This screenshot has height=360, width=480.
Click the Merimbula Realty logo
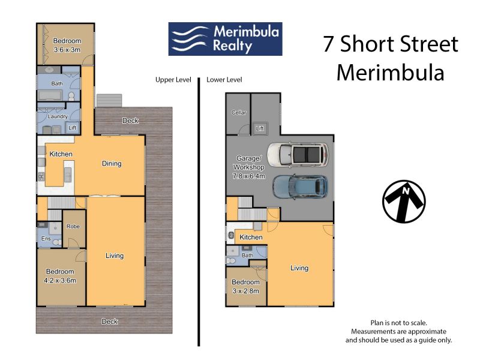pyautogui.click(x=226, y=39)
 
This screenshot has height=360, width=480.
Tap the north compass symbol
pyautogui.click(x=404, y=201)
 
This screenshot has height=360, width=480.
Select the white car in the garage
pyautogui.click(x=298, y=155)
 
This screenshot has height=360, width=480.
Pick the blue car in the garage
pyautogui.click(x=300, y=187)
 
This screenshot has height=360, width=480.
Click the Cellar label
pyautogui.click(x=239, y=112)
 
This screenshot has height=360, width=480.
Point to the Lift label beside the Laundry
pyautogui.click(x=72, y=128)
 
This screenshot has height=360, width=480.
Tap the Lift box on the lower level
pyautogui.click(x=260, y=128)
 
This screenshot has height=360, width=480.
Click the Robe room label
pyautogui.click(x=73, y=226)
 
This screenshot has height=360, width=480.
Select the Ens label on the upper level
pyautogui.click(x=46, y=238)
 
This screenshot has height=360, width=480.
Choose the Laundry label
pyautogui.click(x=58, y=116)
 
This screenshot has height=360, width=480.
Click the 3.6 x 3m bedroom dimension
pyautogui.click(x=67, y=50)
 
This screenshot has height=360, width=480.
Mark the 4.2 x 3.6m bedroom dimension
pyautogui.click(x=60, y=280)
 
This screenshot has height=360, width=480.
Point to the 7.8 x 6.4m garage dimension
pyautogui.click(x=249, y=176)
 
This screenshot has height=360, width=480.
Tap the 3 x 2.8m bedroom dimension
pyautogui.click(x=245, y=291)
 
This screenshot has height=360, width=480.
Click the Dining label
pyautogui.click(x=112, y=163)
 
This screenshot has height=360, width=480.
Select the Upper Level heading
pyautogui.click(x=173, y=80)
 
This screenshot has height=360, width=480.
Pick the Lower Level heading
pyautogui.click(x=224, y=80)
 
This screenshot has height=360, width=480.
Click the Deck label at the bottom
pyautogui.click(x=110, y=322)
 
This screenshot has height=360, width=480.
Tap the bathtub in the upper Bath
pyautogui.click(x=51, y=95)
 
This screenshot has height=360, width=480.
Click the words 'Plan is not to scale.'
pyautogui.click(x=398, y=323)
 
